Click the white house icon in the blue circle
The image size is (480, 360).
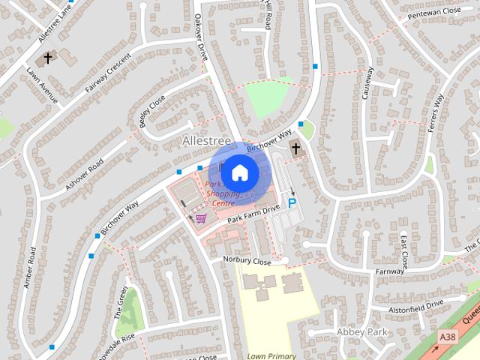click(239, 172)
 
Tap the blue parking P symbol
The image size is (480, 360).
click(292, 202)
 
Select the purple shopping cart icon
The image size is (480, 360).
click(200, 218)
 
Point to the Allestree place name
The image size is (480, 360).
click(205, 140)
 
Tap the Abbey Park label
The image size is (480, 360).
click(361, 331)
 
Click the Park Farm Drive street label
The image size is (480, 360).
click(253, 212)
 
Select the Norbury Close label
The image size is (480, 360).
click(246, 260)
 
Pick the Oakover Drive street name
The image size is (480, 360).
click(200, 37)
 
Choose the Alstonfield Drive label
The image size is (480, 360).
click(416, 307)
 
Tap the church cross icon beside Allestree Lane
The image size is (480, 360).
click(48, 57)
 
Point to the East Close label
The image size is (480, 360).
click(403, 251)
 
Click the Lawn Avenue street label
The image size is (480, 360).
click(48, 84)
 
